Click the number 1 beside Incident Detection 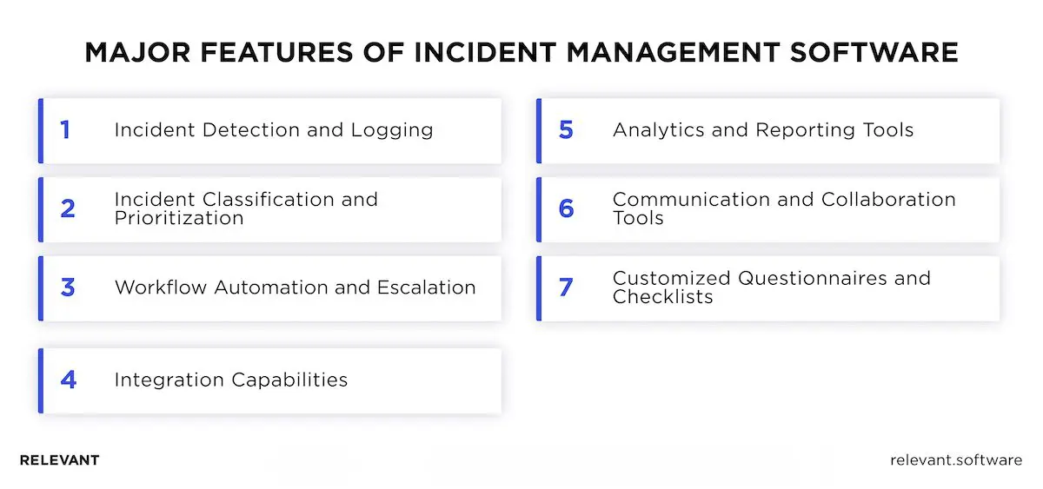[x=65, y=130]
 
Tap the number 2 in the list [x=68, y=208]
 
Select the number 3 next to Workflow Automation [x=68, y=287]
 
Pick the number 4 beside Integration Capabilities [x=68, y=380]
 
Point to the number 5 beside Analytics [x=566, y=130]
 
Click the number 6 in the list [x=566, y=208]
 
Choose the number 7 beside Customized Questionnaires [x=566, y=287]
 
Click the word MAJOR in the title [x=130, y=52]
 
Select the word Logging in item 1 [x=392, y=130]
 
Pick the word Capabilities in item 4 [x=289, y=380]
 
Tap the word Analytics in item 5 [x=661, y=130]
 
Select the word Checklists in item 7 [x=662, y=297]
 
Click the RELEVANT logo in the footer [x=59, y=460]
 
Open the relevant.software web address [x=956, y=460]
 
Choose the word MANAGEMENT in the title [x=674, y=52]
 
